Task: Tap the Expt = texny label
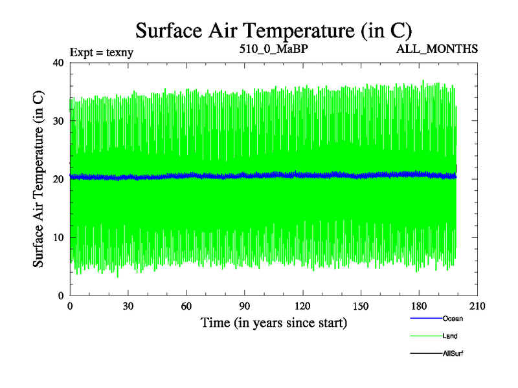pyautogui.click(x=101, y=52)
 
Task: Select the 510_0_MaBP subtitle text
pyautogui.click(x=272, y=49)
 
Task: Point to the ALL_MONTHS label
pyautogui.click(x=437, y=49)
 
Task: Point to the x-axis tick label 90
pyautogui.click(x=245, y=307)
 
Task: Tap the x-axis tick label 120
pyautogui.click(x=302, y=307)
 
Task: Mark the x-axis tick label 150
pyautogui.click(x=361, y=307)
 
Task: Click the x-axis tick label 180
pyautogui.click(x=419, y=307)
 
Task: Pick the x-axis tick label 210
pyautogui.click(x=477, y=307)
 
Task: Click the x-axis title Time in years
pyautogui.click(x=273, y=323)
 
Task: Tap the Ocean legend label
pyautogui.click(x=453, y=319)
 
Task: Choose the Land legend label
pyautogui.click(x=451, y=336)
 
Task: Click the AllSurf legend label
pyautogui.click(x=453, y=354)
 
